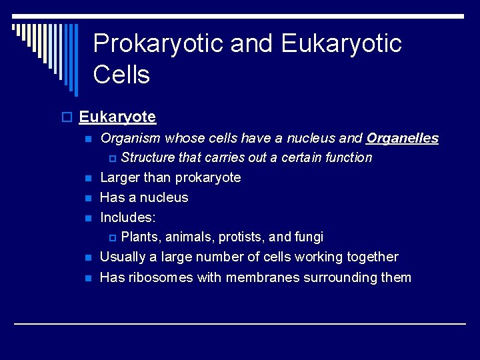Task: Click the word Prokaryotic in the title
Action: coord(158,44)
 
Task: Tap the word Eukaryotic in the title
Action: coord(341,44)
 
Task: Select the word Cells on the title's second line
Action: coord(121,75)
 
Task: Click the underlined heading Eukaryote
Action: coord(117,117)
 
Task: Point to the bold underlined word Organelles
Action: coord(402,138)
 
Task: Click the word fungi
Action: coord(309,237)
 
